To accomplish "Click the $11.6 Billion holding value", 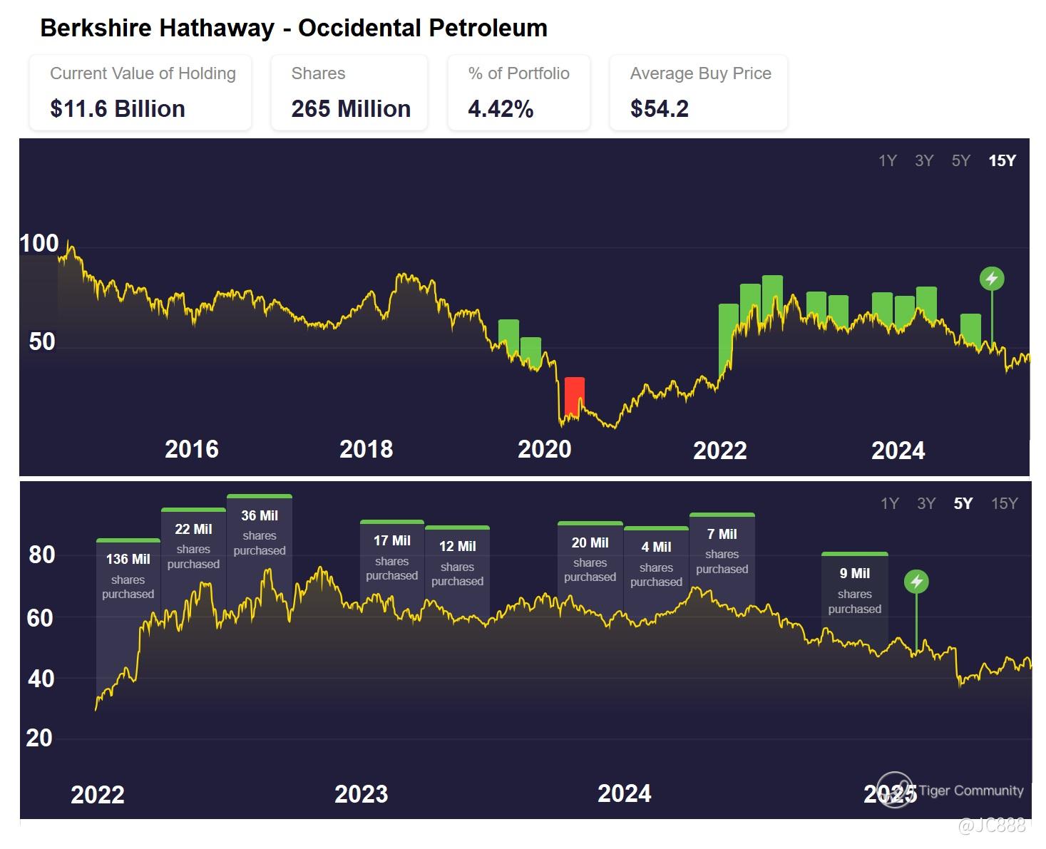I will click(x=118, y=109).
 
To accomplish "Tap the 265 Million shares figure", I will click(x=351, y=109).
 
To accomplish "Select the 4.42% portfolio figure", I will click(x=501, y=109).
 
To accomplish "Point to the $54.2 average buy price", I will click(x=660, y=109).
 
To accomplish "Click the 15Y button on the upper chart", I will click(x=1002, y=161).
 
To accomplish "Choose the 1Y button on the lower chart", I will click(x=889, y=504).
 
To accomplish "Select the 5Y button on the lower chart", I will click(x=963, y=504).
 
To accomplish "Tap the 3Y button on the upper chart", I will click(x=924, y=161).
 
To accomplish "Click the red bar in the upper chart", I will click(x=574, y=396).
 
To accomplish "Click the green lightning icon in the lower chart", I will click(x=916, y=582).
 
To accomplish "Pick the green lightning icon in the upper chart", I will click(x=992, y=279).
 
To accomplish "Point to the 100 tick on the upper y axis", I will click(x=39, y=244).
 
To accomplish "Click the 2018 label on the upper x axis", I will click(x=366, y=449).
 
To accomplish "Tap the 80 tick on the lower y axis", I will click(x=42, y=555).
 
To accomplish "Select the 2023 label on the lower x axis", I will click(x=362, y=794).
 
